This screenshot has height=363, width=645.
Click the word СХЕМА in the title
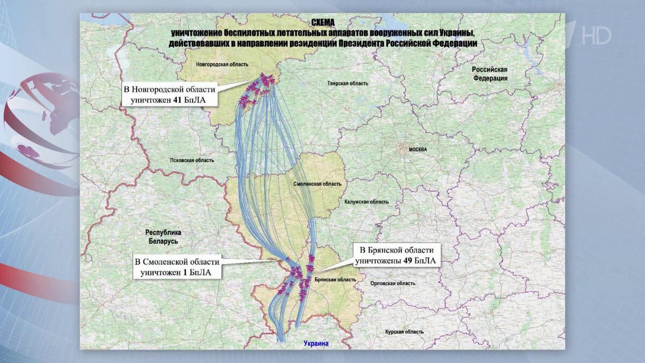click(322, 23)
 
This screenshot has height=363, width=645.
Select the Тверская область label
click(348, 83)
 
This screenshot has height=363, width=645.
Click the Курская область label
click(404, 332)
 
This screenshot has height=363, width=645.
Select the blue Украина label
click(316, 344)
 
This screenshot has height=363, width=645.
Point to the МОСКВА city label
click(418, 149)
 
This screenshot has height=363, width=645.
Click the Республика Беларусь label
click(163, 237)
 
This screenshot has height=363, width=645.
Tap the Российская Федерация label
click(490, 74)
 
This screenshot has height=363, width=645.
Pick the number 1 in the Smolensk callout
click(186, 273)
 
